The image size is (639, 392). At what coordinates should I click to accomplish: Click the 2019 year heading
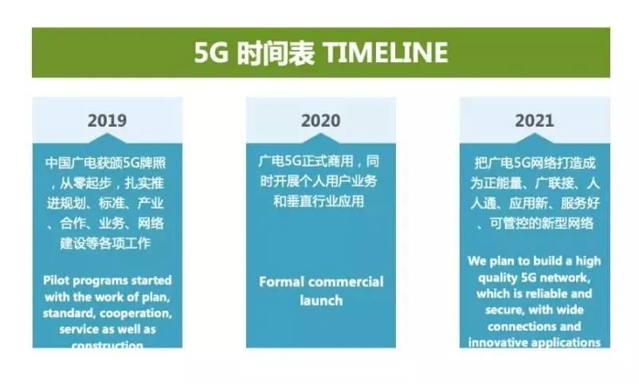(107, 121)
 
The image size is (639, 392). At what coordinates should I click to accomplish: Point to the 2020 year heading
(320, 121)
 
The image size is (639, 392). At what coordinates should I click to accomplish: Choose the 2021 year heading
(534, 121)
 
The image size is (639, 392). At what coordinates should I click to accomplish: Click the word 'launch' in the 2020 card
(321, 300)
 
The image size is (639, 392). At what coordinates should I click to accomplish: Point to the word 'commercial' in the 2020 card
(345, 282)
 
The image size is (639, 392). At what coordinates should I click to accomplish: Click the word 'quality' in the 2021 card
(490, 277)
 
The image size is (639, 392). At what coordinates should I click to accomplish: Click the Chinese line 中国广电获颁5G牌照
(107, 163)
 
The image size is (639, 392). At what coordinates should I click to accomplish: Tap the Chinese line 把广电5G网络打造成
(534, 163)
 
